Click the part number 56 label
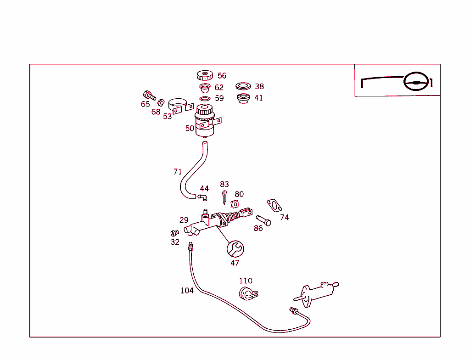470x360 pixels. coord(222,76)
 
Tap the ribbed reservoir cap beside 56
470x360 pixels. coord(205,76)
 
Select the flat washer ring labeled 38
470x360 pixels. coord(243,86)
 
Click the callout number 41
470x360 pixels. coord(258,98)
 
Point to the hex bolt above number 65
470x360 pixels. coord(149,95)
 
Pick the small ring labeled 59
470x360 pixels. coord(205,99)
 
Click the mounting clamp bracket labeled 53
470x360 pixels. coord(181,106)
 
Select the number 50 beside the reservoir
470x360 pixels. coord(190,129)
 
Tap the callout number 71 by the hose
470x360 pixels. coord(178,172)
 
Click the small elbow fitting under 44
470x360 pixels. coord(202,197)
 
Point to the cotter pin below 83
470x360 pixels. coord(224,197)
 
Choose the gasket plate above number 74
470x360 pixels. coord(274,206)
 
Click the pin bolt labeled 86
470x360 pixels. coord(263,220)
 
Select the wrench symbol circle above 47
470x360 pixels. coord(235,249)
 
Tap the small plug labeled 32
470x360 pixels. coord(174,233)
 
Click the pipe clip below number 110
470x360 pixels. coord(248,294)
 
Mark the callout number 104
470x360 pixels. coord(187,290)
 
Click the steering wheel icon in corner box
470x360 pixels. coord(416,81)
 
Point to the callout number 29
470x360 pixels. coord(184,220)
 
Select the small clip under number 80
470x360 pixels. coord(235,204)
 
